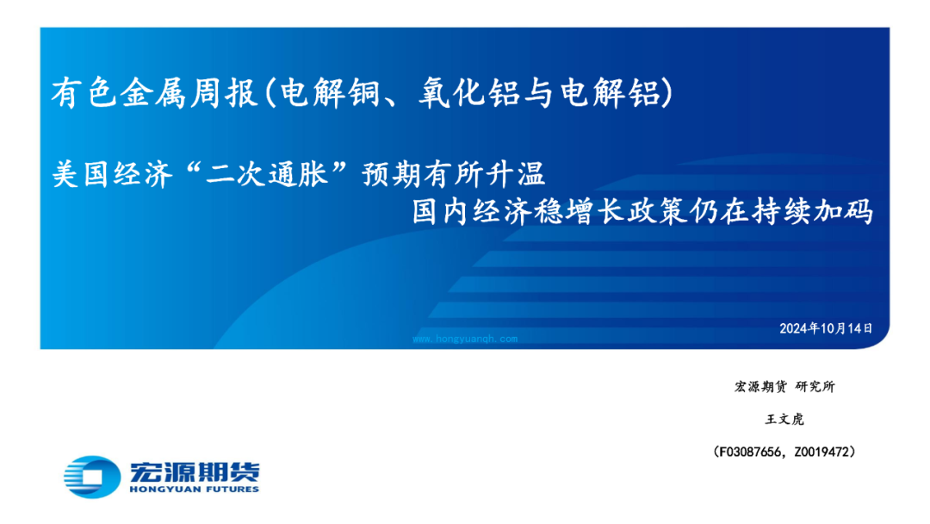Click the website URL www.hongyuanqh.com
coord(465,339)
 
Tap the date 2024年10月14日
coord(826,328)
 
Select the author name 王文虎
coord(784,420)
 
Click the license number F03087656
coord(750,452)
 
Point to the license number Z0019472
coord(821,452)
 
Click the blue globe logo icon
coord(92,477)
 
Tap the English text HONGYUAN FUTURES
coord(194,490)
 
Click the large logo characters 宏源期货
coord(195,471)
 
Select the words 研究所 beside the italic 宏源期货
coord(815,387)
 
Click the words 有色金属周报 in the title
coord(154,94)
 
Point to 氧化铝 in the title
coord(470,94)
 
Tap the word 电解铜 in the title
coord(331,94)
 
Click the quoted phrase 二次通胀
coord(267,174)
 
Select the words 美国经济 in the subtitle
coord(113,174)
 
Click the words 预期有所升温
coord(454,174)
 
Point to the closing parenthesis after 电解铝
coord(668,94)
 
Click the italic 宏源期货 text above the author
coord(760,387)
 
